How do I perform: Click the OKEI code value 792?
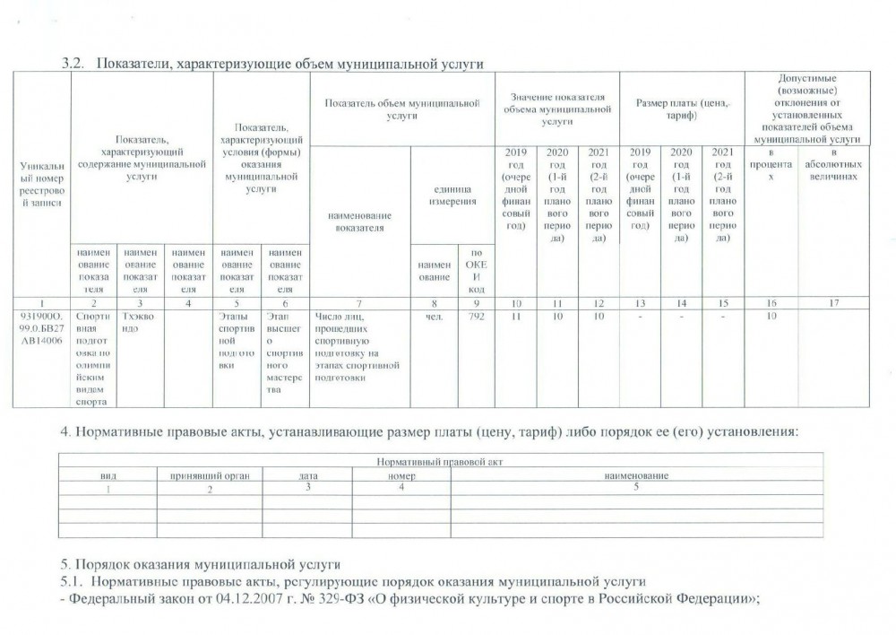coord(476,316)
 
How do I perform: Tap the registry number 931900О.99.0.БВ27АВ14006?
coord(40,328)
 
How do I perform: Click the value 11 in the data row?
coord(515,316)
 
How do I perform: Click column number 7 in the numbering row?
coord(358,302)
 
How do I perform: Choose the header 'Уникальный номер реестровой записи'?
coord(40,185)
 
